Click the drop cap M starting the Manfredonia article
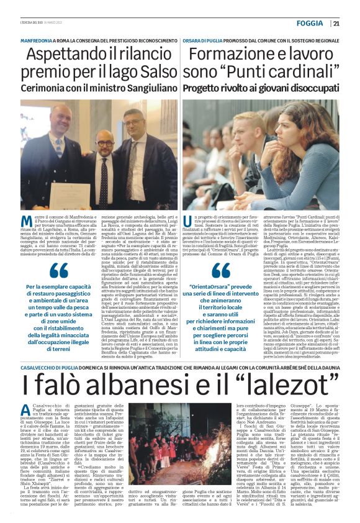point(27,222)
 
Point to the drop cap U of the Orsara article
point(189,222)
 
